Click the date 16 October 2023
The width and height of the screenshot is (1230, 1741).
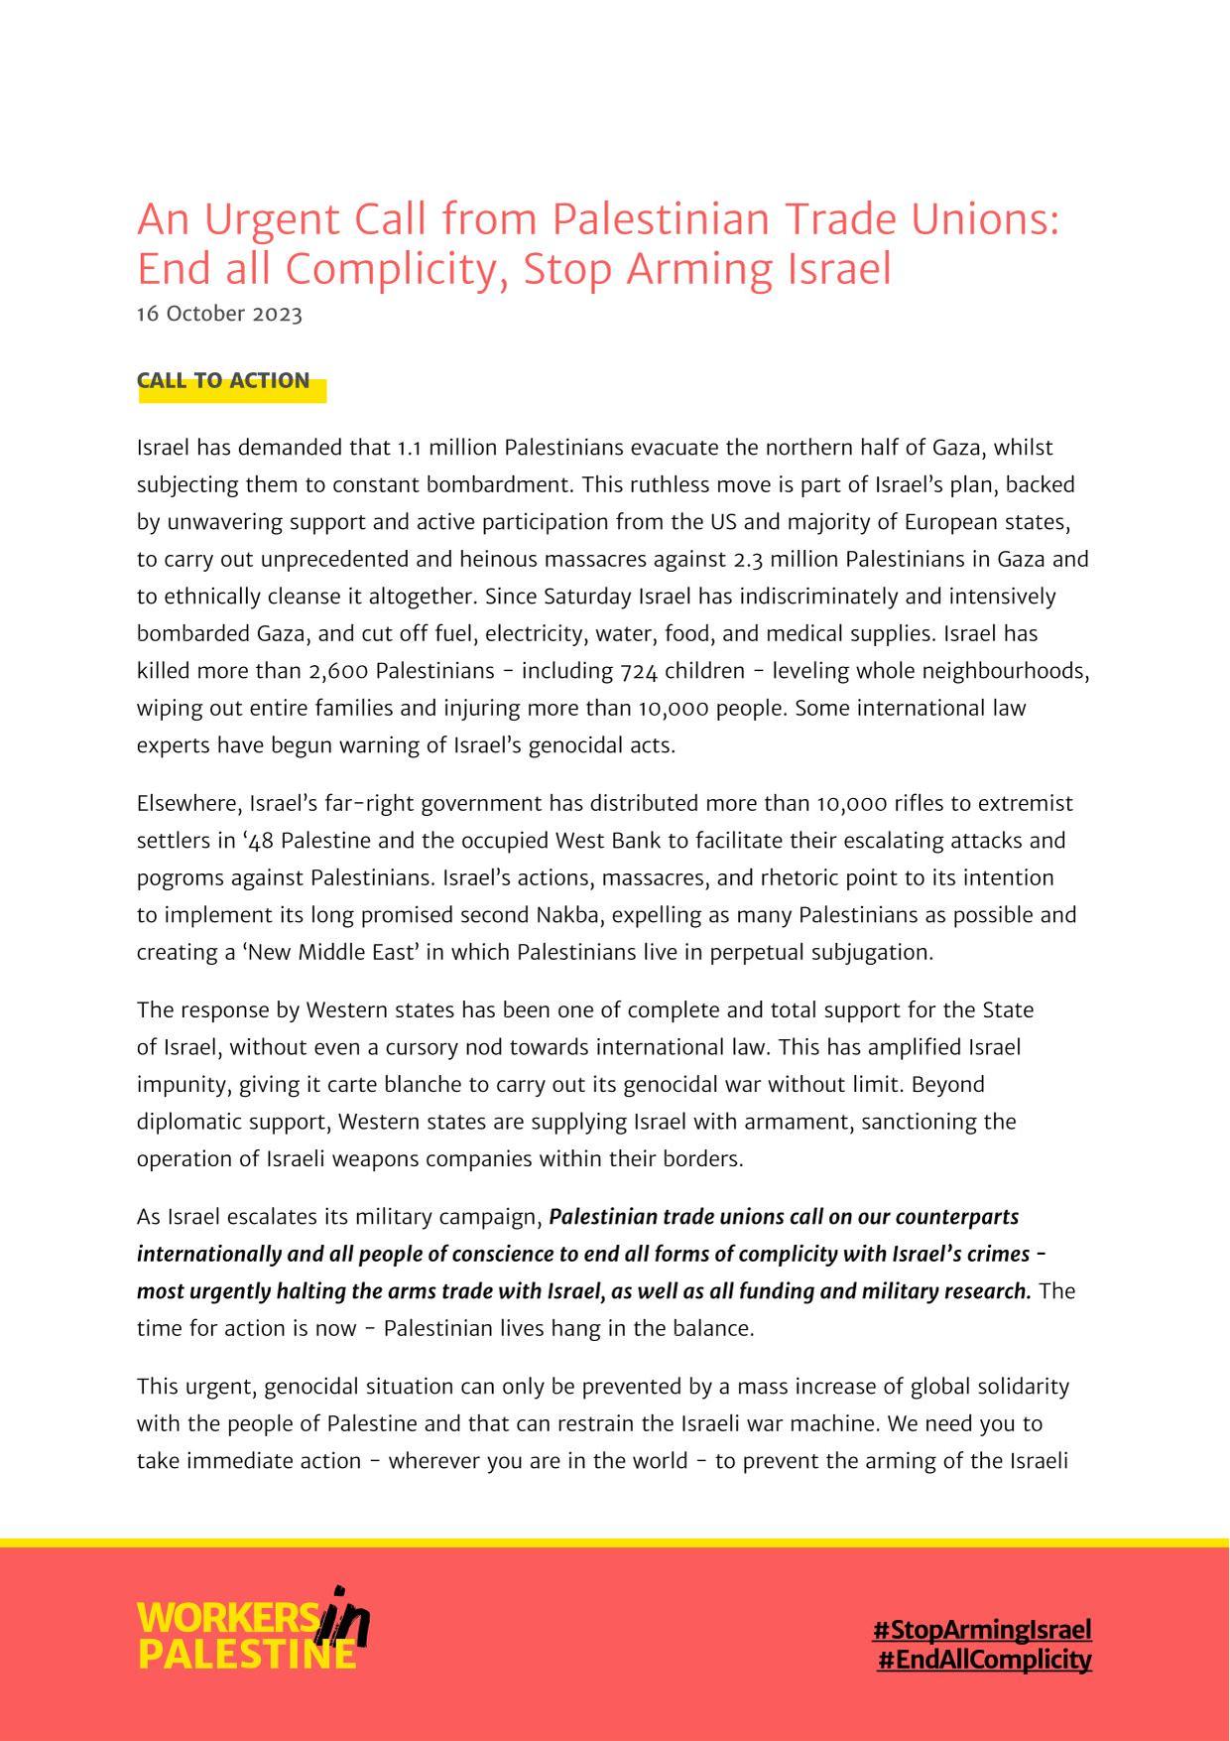tap(219, 314)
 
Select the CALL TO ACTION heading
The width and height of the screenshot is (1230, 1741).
tap(223, 381)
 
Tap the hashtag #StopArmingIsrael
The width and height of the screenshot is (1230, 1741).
tap(982, 1629)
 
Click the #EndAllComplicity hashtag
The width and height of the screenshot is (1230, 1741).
tap(984, 1659)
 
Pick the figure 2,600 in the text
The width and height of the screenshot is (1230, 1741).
tap(339, 671)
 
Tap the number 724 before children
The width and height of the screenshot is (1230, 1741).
tap(639, 671)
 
